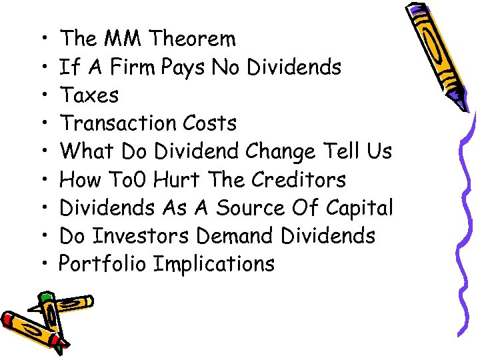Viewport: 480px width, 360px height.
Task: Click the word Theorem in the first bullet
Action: pyautogui.click(x=192, y=39)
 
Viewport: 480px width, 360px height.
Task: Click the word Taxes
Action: pyautogui.click(x=89, y=95)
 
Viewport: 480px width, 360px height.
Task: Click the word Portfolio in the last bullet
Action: pyautogui.click(x=103, y=264)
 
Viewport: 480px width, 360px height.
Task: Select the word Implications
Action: pyautogui.click(x=213, y=265)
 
